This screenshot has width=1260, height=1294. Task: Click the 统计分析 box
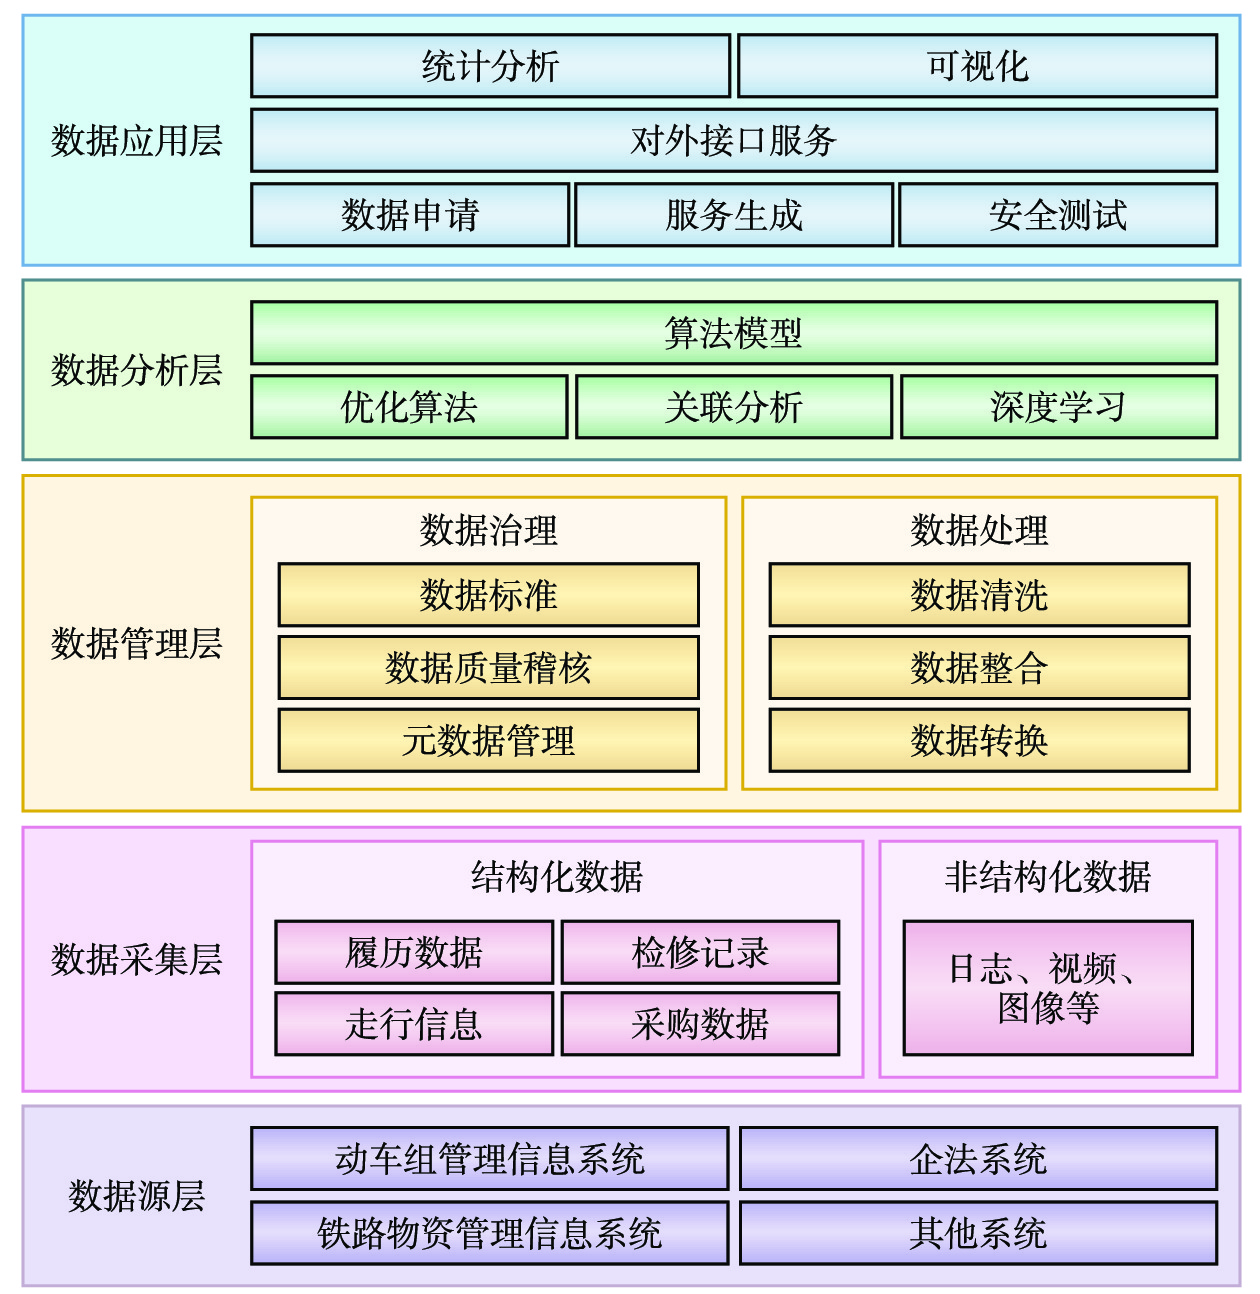(x=490, y=66)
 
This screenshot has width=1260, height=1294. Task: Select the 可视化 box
(x=977, y=66)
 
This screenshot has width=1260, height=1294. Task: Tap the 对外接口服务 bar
(x=734, y=140)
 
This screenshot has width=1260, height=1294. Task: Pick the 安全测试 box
(x=1058, y=215)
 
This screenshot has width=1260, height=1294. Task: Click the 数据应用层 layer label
(x=136, y=140)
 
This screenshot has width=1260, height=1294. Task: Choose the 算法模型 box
(x=734, y=332)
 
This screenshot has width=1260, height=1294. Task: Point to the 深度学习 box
(x=1059, y=406)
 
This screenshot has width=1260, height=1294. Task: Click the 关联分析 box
(x=734, y=406)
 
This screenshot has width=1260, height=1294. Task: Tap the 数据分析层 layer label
(x=136, y=370)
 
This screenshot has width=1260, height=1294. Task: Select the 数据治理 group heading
(x=488, y=530)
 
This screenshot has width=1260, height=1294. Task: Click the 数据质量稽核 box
(x=489, y=667)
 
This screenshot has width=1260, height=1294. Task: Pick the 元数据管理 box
(x=489, y=740)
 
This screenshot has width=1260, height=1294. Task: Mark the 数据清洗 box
(x=979, y=594)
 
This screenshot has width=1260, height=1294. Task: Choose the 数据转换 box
(x=979, y=740)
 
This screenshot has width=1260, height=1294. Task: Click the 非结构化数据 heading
(x=1048, y=876)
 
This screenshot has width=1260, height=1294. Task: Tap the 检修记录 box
(x=700, y=952)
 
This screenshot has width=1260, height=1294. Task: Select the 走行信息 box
(x=414, y=1023)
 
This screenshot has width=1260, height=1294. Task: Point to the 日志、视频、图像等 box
(x=1048, y=987)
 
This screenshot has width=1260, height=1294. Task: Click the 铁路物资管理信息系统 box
(x=489, y=1233)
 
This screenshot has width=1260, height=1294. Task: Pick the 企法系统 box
(x=978, y=1159)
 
